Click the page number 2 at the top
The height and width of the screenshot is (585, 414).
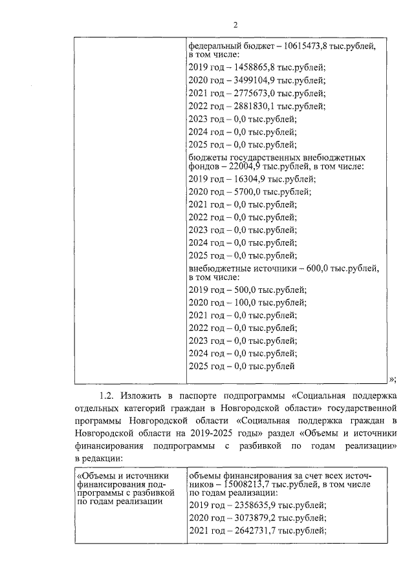[235, 25]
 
